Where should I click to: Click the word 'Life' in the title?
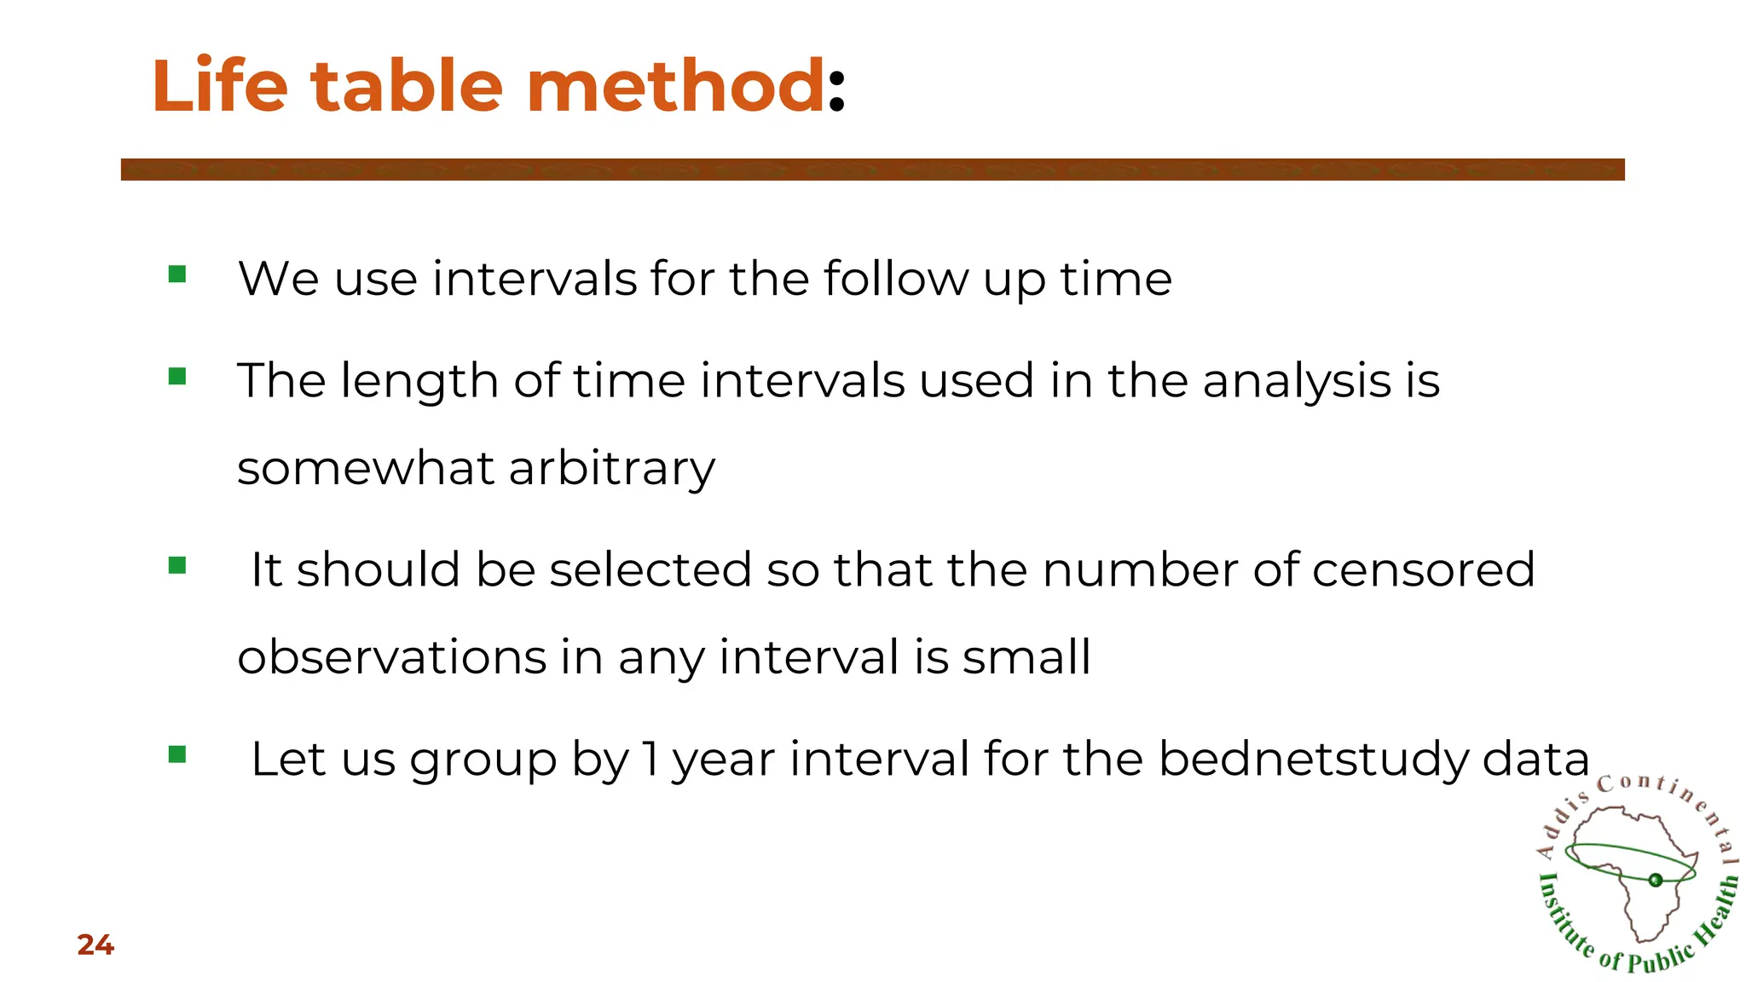pos(220,86)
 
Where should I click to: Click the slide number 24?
pos(95,945)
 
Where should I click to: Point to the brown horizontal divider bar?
pos(872,170)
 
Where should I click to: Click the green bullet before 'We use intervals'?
pos(177,274)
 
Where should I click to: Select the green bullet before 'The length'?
pos(177,377)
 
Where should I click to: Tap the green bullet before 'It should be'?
pos(177,566)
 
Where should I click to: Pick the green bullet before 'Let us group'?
pos(177,754)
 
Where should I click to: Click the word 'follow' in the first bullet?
pos(896,279)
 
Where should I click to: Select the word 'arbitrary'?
pos(612,470)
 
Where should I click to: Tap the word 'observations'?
pos(391,657)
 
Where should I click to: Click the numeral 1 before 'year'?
pos(650,759)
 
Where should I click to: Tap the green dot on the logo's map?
pos(1656,881)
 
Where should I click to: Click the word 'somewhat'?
pos(366,468)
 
